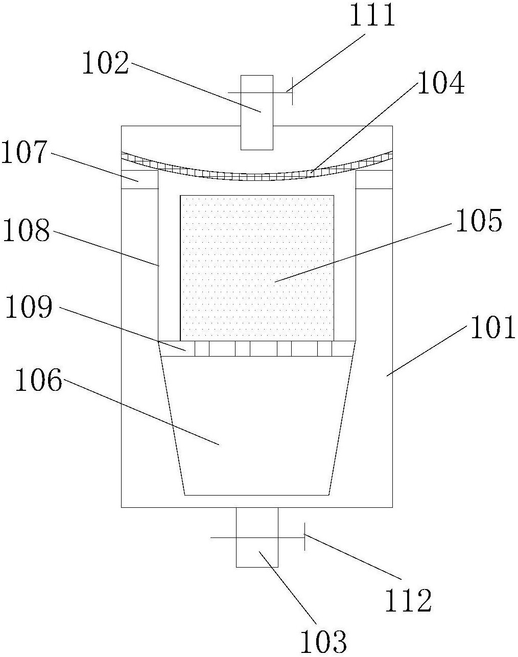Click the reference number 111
pyautogui.click(x=372, y=15)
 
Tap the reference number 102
pyautogui.click(x=106, y=63)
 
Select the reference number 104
pyautogui.click(x=440, y=82)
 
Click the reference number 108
pyautogui.click(x=26, y=230)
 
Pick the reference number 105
pyautogui.click(x=479, y=220)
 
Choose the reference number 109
pyautogui.click(x=29, y=307)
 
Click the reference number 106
pyautogui.click(x=38, y=380)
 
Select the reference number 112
pyautogui.click(x=408, y=600)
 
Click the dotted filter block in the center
pyautogui.click(x=257, y=268)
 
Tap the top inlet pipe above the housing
pyautogui.click(x=257, y=112)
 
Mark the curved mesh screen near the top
pyautogui.click(x=257, y=177)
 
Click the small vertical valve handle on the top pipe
pyautogui.click(x=292, y=91)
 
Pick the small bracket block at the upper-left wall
pyautogui.click(x=139, y=179)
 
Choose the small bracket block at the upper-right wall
pyautogui.click(x=374, y=179)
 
